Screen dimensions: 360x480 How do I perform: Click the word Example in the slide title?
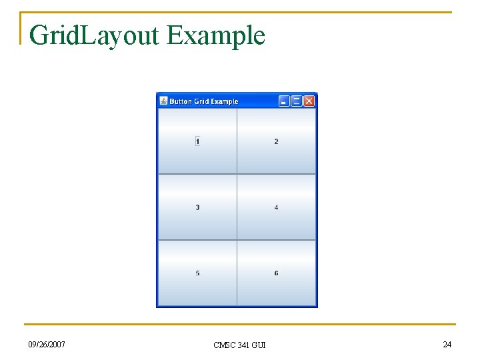pyautogui.click(x=216, y=35)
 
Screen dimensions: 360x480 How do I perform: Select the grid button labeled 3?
pyautogui.click(x=197, y=207)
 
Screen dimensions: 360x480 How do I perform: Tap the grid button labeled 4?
pyautogui.click(x=276, y=207)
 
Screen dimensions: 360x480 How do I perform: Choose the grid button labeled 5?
pyautogui.click(x=197, y=273)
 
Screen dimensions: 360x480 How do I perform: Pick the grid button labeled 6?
pyautogui.click(x=276, y=273)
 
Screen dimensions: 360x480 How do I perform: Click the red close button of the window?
pyautogui.click(x=309, y=101)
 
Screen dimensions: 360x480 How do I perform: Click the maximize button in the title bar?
pyautogui.click(x=297, y=101)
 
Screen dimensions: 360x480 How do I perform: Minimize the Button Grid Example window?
pyautogui.click(x=284, y=101)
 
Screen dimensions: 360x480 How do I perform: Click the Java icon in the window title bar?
pyautogui.click(x=163, y=101)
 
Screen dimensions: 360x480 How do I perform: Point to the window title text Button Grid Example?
pyautogui.click(x=203, y=102)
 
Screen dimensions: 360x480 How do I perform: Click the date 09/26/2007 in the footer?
pyautogui.click(x=47, y=344)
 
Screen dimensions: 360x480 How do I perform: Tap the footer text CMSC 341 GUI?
pyautogui.click(x=239, y=345)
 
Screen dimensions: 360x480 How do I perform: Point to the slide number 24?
pyautogui.click(x=447, y=344)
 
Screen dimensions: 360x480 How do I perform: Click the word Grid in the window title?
pyautogui.click(x=201, y=102)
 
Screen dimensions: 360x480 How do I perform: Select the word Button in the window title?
pyautogui.click(x=181, y=102)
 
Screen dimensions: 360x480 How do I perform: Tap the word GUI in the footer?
pyautogui.click(x=259, y=345)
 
